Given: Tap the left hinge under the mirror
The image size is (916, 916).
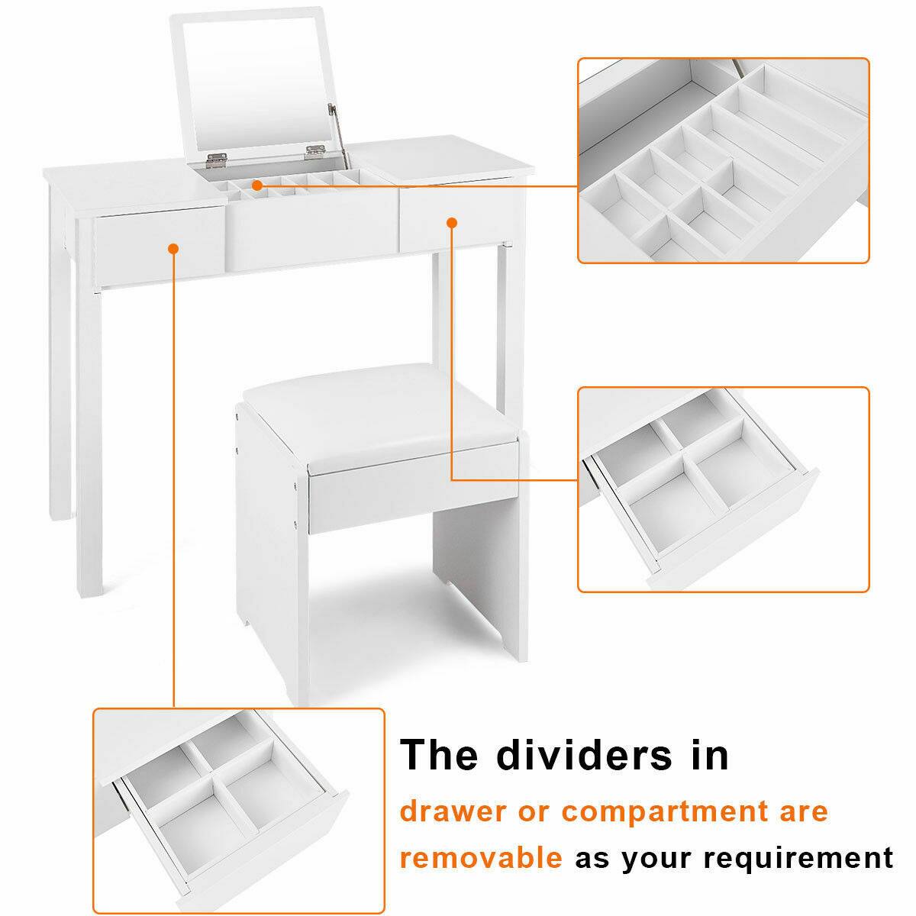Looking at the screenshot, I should coord(215,158).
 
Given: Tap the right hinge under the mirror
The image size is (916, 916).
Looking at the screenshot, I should coord(315,152).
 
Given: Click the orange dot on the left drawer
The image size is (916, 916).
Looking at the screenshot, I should coord(173,248).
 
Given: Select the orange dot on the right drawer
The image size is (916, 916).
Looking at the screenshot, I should coord(451,222).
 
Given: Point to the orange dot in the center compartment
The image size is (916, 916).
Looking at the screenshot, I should coord(257,185).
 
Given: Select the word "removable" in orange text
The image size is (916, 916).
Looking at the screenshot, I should coord(481,857).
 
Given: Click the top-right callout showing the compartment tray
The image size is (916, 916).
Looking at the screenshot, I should coord(723,160).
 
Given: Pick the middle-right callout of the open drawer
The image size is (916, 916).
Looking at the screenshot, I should coord(723,489).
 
